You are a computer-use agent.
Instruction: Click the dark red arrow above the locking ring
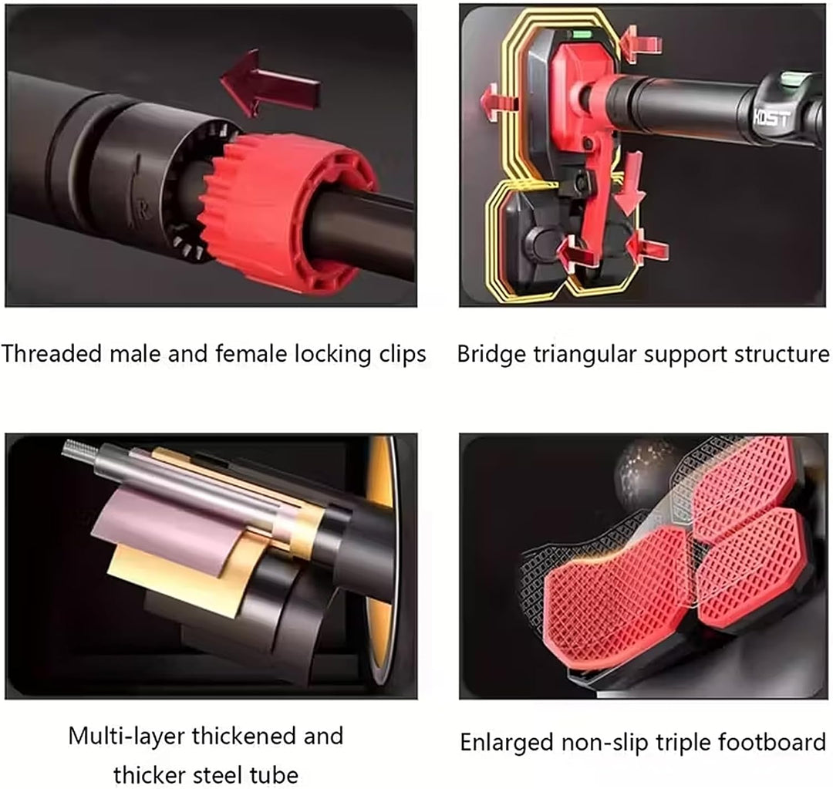(270, 83)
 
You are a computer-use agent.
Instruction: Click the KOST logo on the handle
(771, 118)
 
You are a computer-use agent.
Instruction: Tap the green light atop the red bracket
(581, 35)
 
